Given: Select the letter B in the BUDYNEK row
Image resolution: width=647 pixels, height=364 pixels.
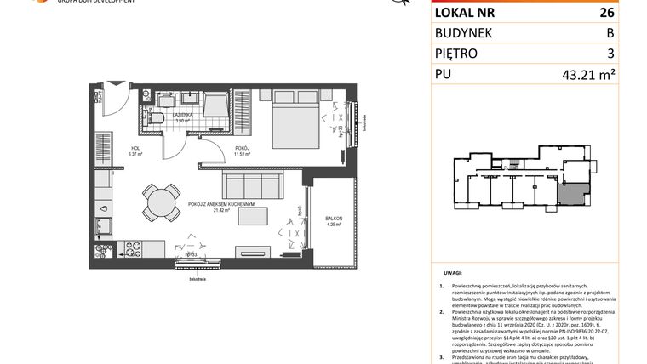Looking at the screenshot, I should click(609, 33).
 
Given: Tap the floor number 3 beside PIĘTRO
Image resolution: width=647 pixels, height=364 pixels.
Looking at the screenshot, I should click(610, 53).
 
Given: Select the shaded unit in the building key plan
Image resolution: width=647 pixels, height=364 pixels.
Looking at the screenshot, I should click(569, 195).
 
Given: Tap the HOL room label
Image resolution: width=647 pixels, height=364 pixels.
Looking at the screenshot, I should click(134, 148).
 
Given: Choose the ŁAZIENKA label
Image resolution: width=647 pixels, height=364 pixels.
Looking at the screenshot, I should click(183, 114).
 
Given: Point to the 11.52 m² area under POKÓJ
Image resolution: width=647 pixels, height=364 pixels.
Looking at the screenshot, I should click(245, 155).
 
